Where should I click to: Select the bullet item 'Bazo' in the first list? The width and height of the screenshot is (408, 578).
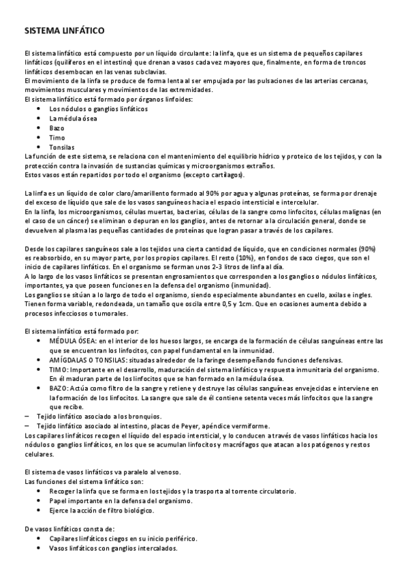tap(57, 128)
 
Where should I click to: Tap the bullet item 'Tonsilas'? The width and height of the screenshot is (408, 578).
tap(62, 147)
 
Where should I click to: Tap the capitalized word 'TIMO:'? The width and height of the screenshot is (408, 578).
tap(59, 369)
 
